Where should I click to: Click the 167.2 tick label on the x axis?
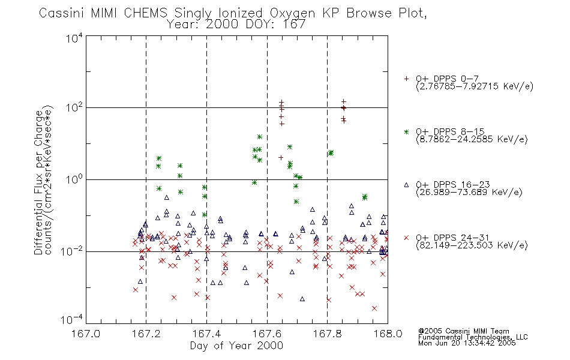tap(146, 334)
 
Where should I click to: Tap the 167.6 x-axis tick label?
tap(267, 334)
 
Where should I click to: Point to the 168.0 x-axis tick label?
tap(388, 334)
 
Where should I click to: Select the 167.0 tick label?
tap(86, 334)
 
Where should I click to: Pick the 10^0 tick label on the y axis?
tap(74, 179)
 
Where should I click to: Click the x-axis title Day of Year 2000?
tap(236, 346)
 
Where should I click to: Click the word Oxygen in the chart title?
tap(292, 13)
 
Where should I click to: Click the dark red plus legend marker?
tap(406, 79)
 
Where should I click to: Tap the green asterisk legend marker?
tap(406, 131)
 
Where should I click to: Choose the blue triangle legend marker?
tap(406, 185)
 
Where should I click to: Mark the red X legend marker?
tap(406, 238)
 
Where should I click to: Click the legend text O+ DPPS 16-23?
tap(453, 185)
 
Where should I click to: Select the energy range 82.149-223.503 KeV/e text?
tap(472, 245)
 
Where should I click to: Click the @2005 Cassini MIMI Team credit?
tap(464, 331)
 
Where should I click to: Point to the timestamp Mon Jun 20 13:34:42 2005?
tap(467, 343)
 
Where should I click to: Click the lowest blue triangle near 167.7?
tap(302, 299)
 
